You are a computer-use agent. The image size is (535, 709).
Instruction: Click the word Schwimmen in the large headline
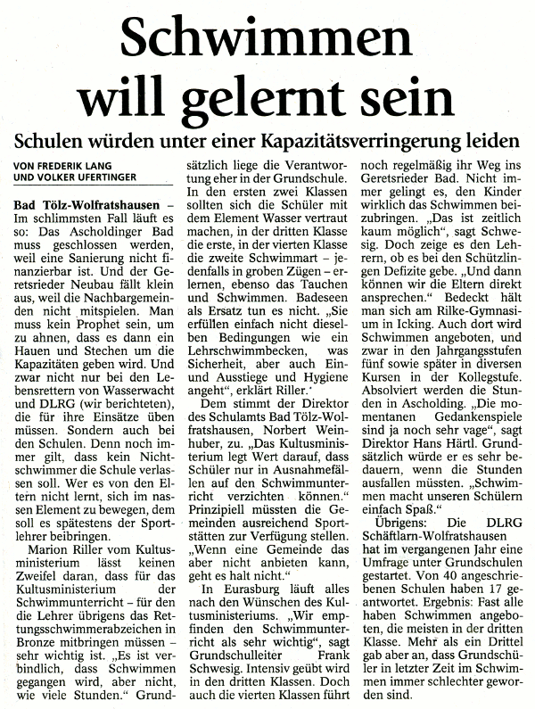[x=267, y=41]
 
